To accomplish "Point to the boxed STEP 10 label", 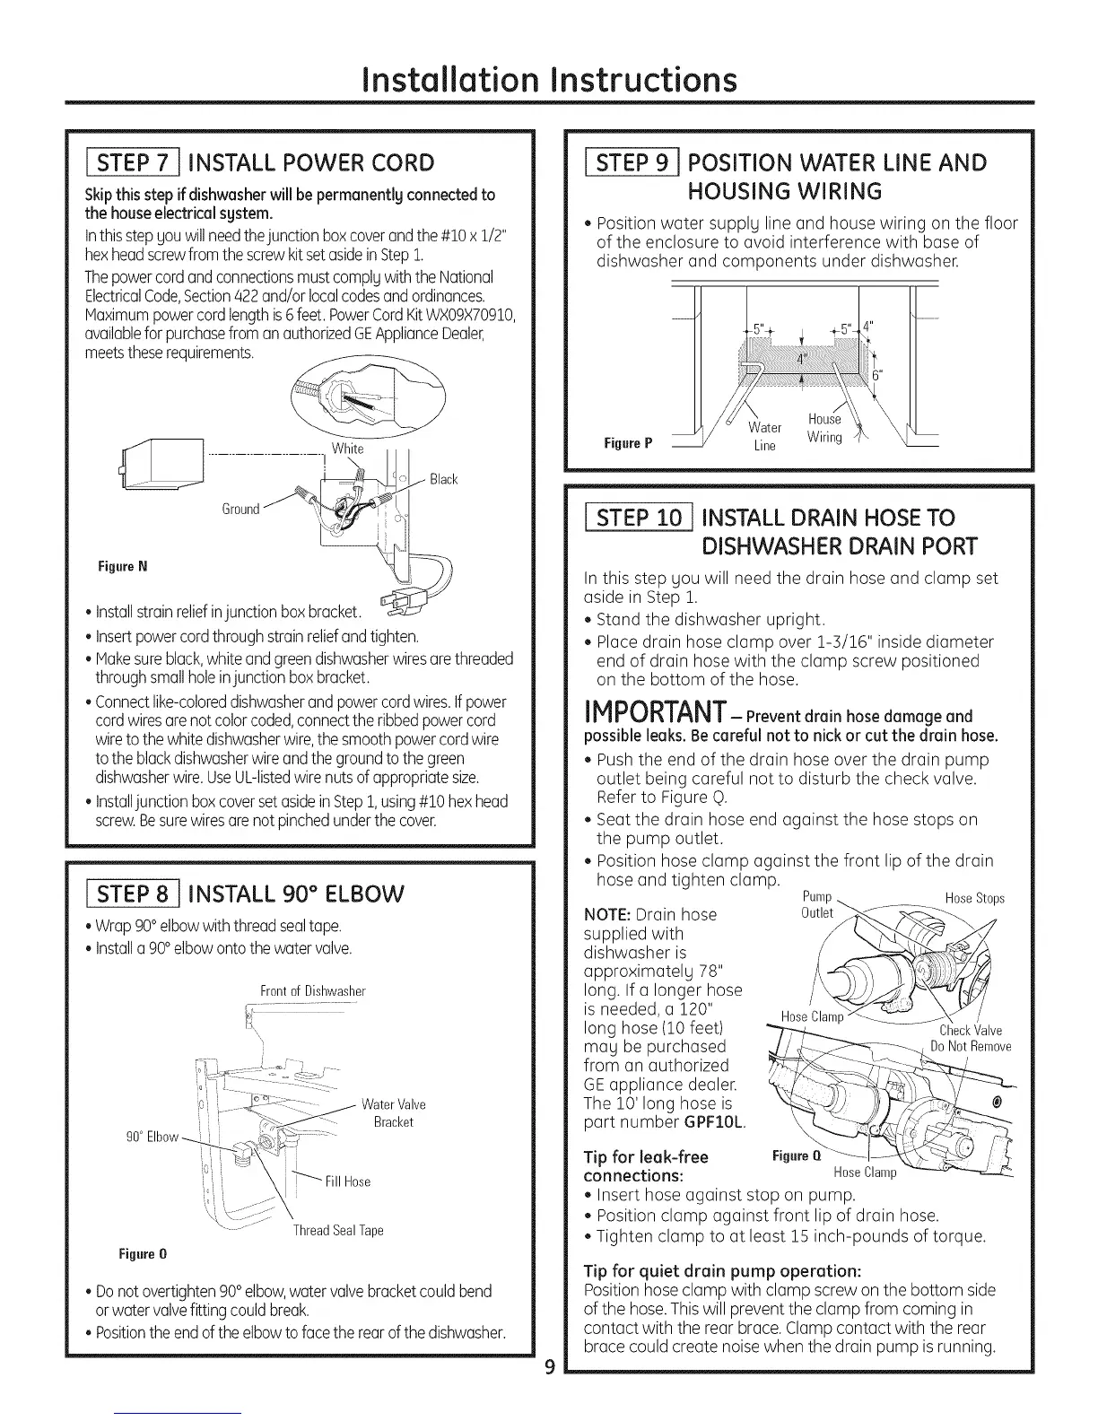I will [637, 518].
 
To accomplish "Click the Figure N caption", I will [123, 567].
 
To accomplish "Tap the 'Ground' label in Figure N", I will [240, 510].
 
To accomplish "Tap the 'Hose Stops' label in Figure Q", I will [975, 898].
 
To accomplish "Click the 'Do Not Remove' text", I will [971, 1047].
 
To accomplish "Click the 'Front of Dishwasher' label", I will [313, 991].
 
